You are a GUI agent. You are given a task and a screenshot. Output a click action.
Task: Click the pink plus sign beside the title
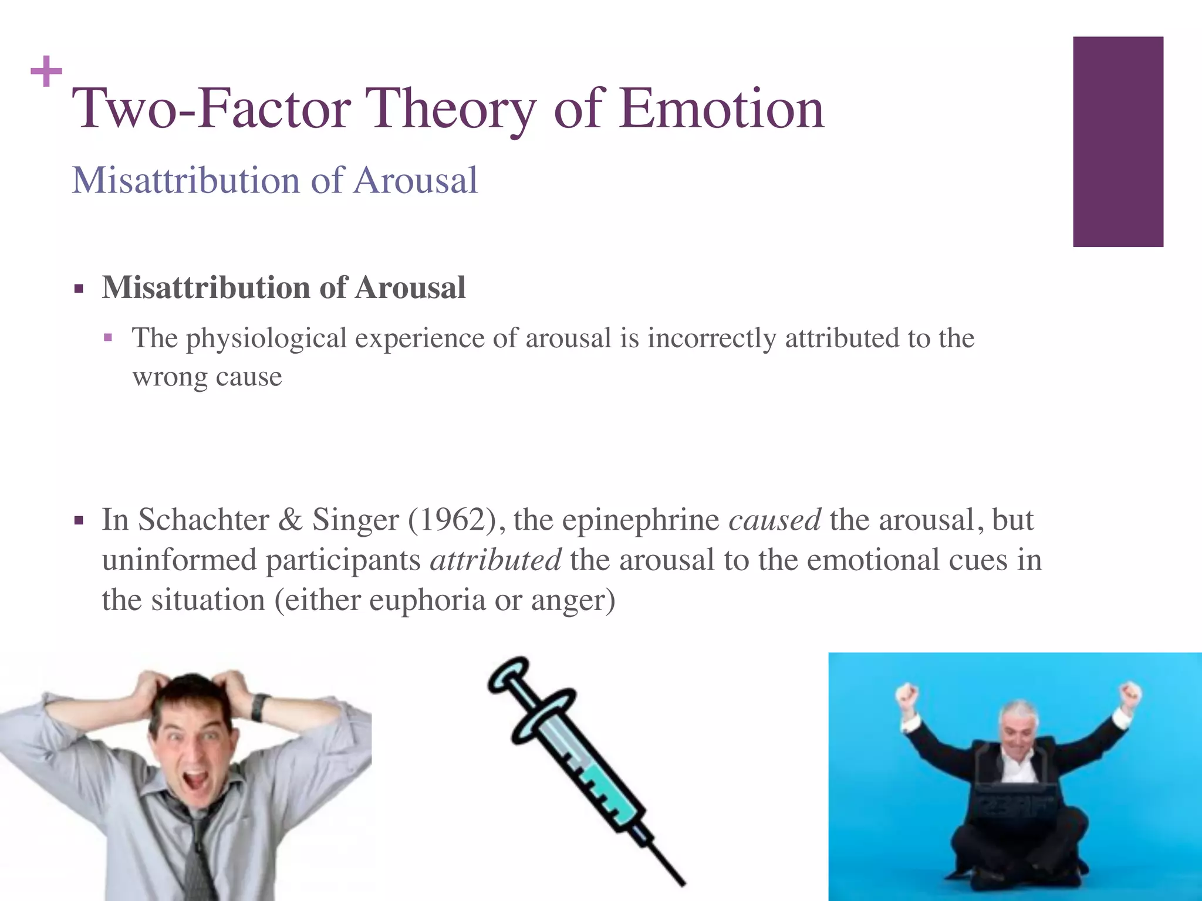click(46, 72)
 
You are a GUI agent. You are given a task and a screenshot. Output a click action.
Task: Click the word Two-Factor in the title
click(211, 109)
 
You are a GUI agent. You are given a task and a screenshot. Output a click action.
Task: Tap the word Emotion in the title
click(721, 109)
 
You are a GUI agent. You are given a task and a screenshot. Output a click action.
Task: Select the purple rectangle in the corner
click(1117, 141)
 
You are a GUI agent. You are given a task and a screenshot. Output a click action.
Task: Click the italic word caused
click(774, 520)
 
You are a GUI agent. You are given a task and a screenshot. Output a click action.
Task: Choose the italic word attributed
click(495, 560)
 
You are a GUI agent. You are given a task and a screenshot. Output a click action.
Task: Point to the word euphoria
click(427, 600)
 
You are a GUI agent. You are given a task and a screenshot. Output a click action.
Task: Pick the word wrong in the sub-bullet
click(169, 377)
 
